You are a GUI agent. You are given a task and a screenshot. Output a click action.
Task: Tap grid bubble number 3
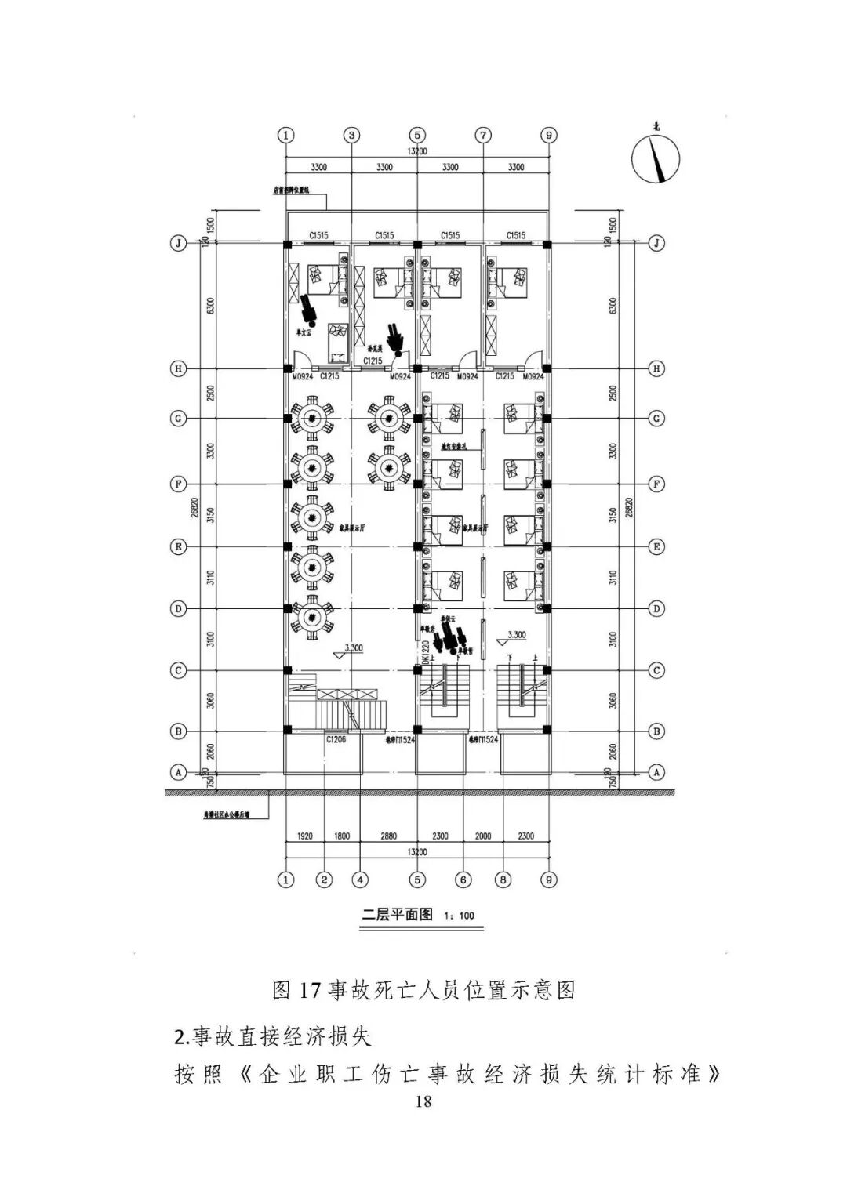pyautogui.click(x=352, y=135)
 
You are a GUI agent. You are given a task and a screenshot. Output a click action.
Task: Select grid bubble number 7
pyautogui.click(x=483, y=135)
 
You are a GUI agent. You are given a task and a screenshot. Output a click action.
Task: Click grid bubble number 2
pyautogui.click(x=324, y=880)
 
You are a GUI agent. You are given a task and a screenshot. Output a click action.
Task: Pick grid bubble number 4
pyautogui.click(x=360, y=880)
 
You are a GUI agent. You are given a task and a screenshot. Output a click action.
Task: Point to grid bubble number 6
pyautogui.click(x=463, y=880)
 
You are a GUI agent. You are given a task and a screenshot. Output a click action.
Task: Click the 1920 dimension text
pyautogui.click(x=305, y=836)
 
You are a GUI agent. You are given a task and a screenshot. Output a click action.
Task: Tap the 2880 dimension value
pyautogui.click(x=388, y=836)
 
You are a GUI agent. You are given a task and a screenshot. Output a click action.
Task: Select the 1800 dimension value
pyautogui.click(x=342, y=836)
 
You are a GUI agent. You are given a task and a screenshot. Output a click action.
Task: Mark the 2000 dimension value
pyautogui.click(x=483, y=836)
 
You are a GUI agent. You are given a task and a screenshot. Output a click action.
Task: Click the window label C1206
pyautogui.click(x=336, y=738)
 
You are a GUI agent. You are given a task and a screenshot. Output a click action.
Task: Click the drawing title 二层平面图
pyautogui.click(x=397, y=914)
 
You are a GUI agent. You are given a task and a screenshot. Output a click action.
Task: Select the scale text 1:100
pyautogui.click(x=459, y=916)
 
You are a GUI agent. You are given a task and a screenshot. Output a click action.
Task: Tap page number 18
pyautogui.click(x=423, y=1101)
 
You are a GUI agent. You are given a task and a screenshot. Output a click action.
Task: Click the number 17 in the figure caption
pyautogui.click(x=310, y=990)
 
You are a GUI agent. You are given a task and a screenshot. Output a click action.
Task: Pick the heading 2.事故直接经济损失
pyautogui.click(x=272, y=1037)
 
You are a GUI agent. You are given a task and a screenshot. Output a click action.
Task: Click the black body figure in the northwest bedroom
pyautogui.click(x=307, y=308)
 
